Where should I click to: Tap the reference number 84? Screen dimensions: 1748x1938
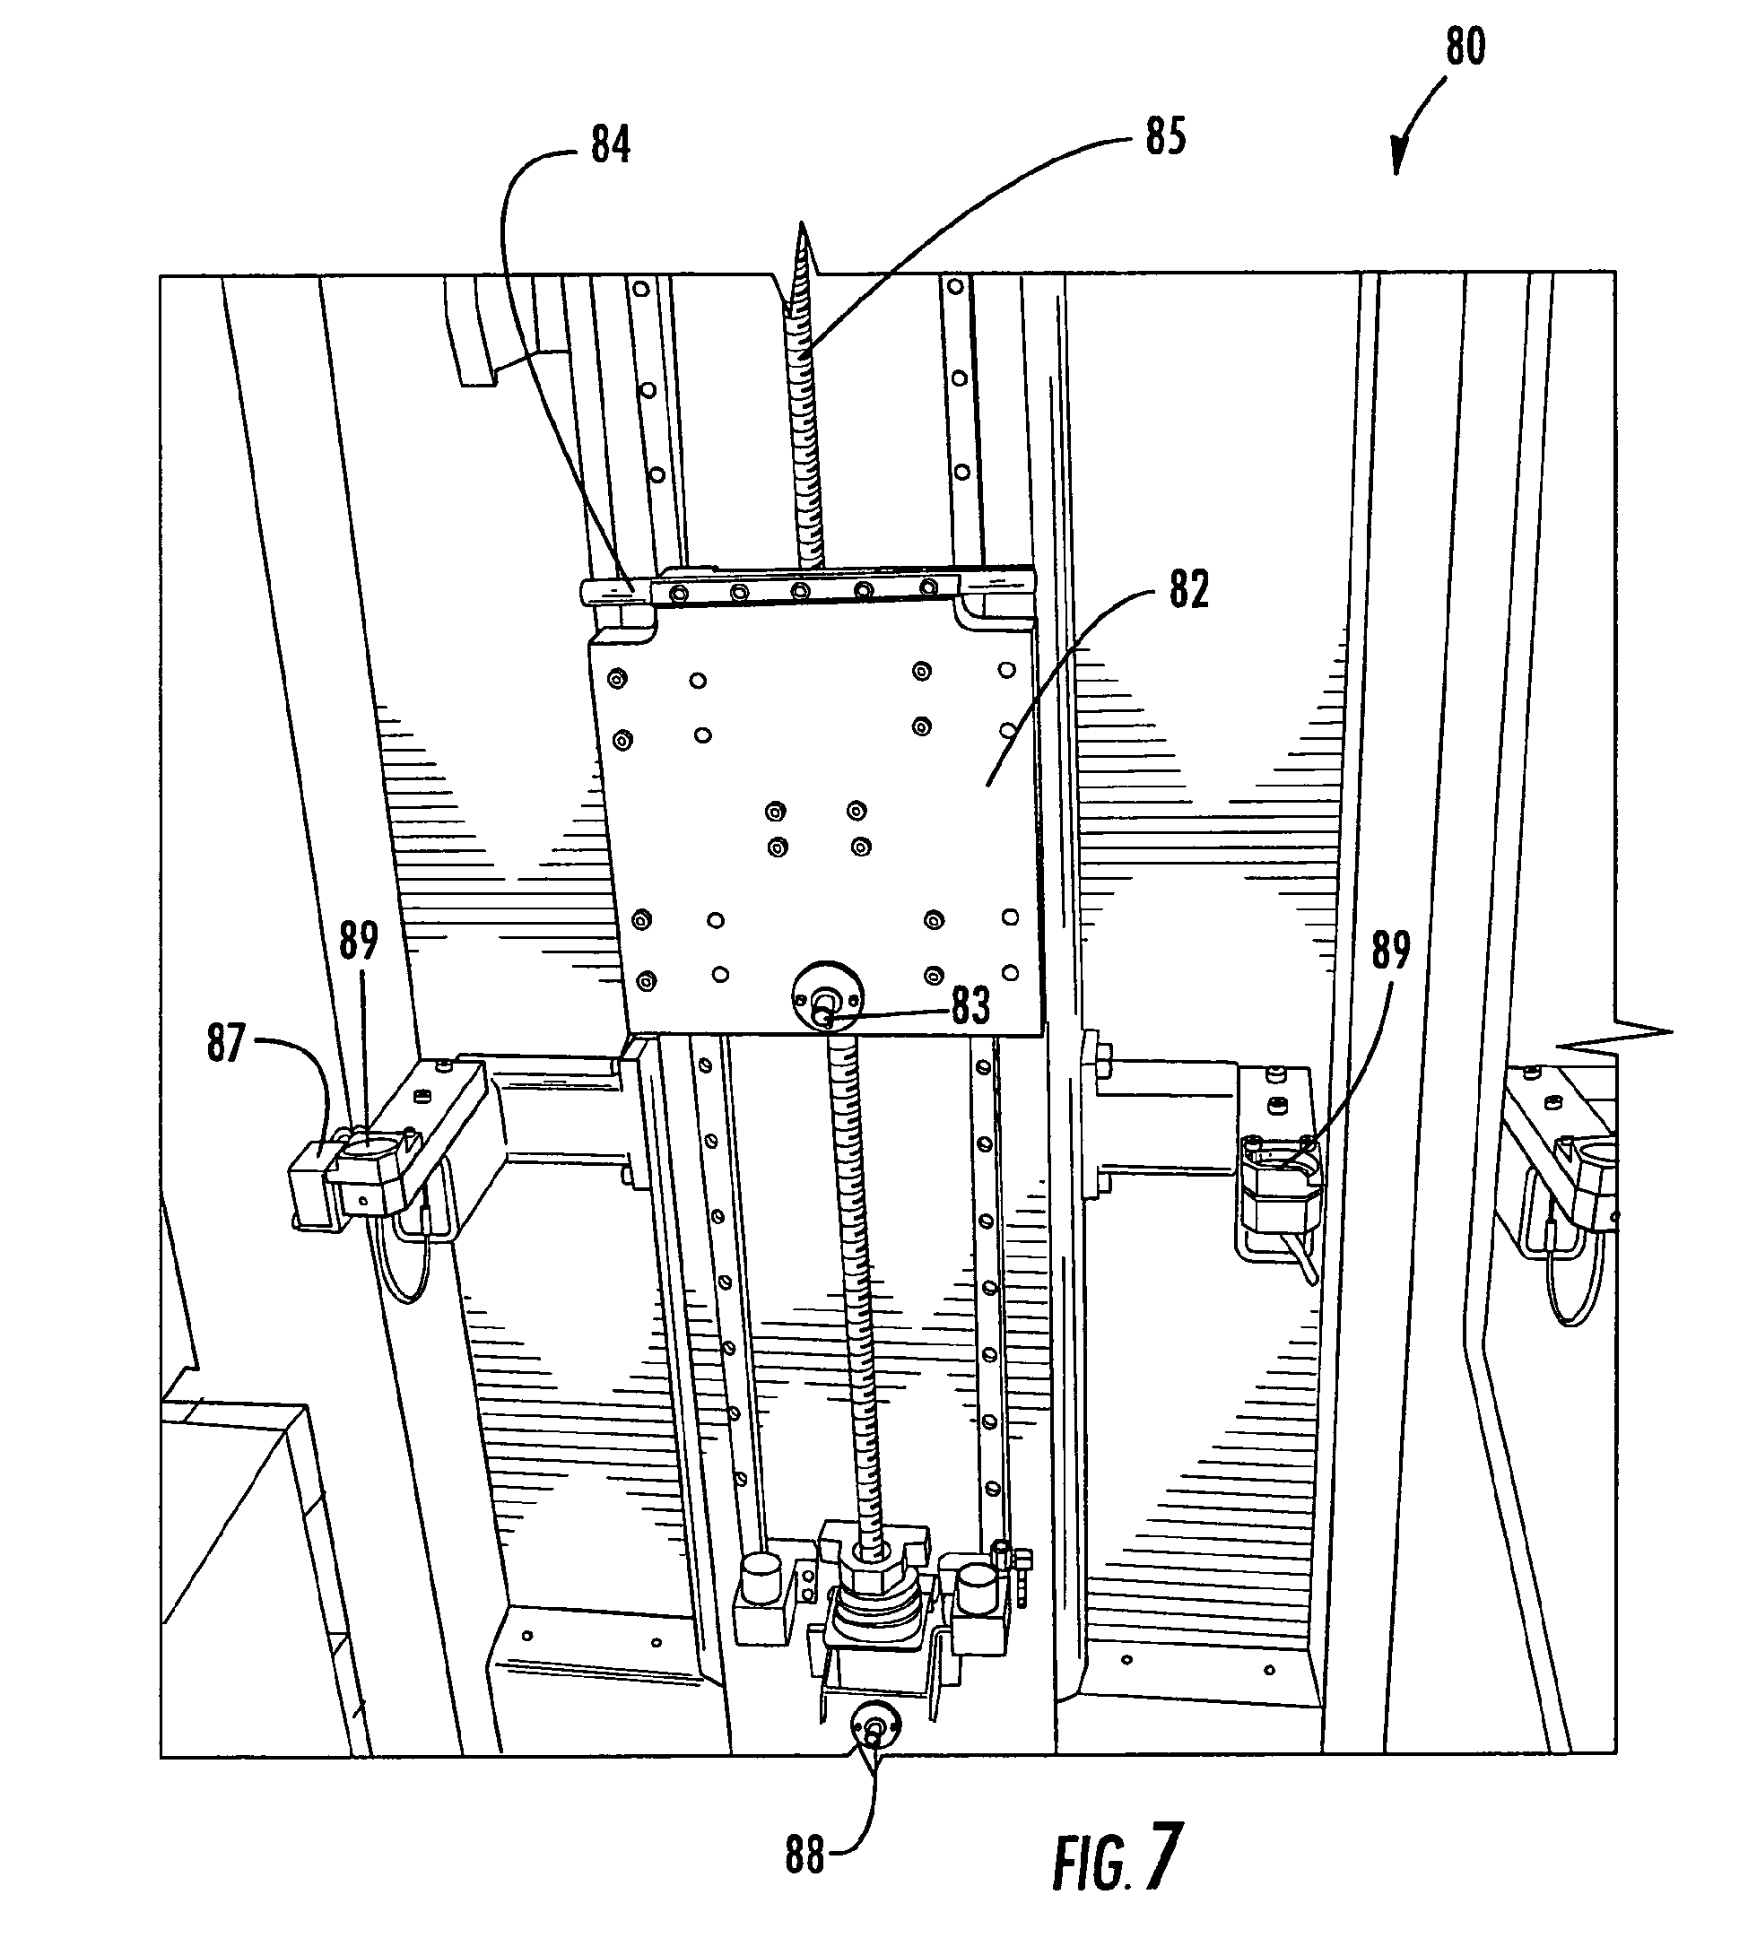pyautogui.click(x=611, y=146)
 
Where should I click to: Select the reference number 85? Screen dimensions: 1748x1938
pyautogui.click(x=1166, y=136)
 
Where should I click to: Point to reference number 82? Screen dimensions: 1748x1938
pyautogui.click(x=1188, y=590)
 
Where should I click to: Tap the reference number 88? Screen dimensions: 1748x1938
pyautogui.click(x=804, y=1856)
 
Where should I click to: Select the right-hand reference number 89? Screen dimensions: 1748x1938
pyautogui.click(x=1390, y=951)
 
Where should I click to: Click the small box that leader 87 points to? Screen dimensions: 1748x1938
pyautogui.click(x=313, y=1185)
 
